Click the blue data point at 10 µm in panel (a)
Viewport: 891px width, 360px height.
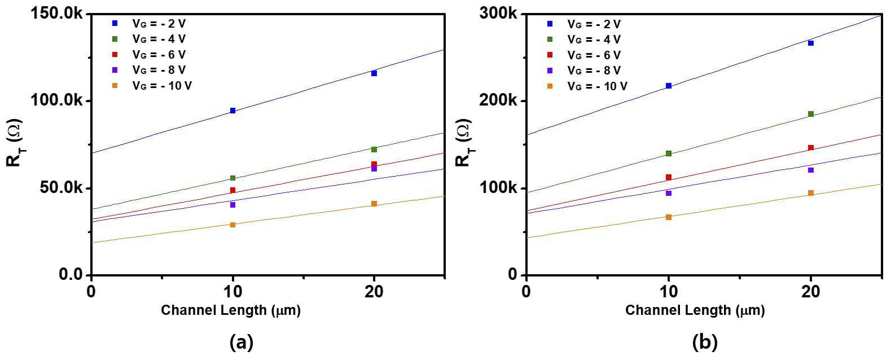coord(232,111)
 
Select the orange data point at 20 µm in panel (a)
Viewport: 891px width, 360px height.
coord(374,204)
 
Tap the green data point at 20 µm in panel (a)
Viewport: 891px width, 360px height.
coord(374,150)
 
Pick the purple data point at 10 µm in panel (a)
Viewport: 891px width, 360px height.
coord(232,205)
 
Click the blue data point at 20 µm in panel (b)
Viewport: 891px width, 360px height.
coord(811,43)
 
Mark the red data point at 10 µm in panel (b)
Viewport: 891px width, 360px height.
coord(669,177)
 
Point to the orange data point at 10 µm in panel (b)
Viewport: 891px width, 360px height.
coord(669,217)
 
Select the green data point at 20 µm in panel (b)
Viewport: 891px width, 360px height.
coord(811,114)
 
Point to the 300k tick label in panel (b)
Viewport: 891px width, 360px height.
coord(499,14)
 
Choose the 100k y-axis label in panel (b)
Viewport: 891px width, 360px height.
coord(499,188)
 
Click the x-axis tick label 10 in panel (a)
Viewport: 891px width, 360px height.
coord(232,292)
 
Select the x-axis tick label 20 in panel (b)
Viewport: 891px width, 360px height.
coord(811,292)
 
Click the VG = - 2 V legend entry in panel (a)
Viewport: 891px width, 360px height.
coord(148,24)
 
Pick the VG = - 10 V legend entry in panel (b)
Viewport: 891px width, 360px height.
coord(587,86)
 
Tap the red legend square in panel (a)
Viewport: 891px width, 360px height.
coord(115,55)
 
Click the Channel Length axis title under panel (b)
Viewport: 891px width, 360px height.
coord(695,310)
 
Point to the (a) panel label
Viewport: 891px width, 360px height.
coord(242,342)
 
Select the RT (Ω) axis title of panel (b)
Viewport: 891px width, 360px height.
coord(464,142)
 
